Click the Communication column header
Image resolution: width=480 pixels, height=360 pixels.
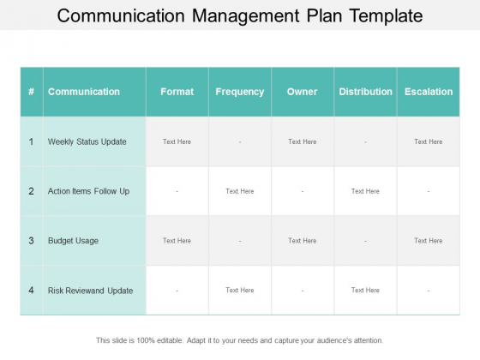(84, 92)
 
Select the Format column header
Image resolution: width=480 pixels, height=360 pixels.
(177, 92)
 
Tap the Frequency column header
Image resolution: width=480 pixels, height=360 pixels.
(240, 92)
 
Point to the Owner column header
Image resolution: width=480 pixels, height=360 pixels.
(302, 92)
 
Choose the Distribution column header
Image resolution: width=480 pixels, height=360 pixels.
(365, 92)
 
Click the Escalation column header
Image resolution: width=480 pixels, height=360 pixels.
(429, 92)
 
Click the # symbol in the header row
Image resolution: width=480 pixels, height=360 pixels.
(31, 92)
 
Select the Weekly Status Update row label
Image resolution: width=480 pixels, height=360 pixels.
(87, 141)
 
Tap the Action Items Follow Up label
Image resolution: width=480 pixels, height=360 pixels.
(88, 191)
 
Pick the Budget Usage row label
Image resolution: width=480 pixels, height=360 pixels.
(73, 241)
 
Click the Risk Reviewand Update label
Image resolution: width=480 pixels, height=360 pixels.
(90, 291)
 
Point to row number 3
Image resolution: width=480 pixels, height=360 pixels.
(31, 241)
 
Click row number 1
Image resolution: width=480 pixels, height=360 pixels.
(31, 141)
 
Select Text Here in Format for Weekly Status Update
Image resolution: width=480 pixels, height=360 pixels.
(177, 141)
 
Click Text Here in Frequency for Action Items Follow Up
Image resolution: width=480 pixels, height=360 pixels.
(240, 191)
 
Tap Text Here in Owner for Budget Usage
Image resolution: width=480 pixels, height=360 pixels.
(302, 241)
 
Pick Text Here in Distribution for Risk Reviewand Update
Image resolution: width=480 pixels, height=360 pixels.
(365, 291)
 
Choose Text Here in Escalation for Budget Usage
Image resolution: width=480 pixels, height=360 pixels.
(429, 241)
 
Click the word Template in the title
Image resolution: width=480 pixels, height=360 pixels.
(387, 16)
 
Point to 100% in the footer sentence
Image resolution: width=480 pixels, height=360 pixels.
(146, 340)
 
